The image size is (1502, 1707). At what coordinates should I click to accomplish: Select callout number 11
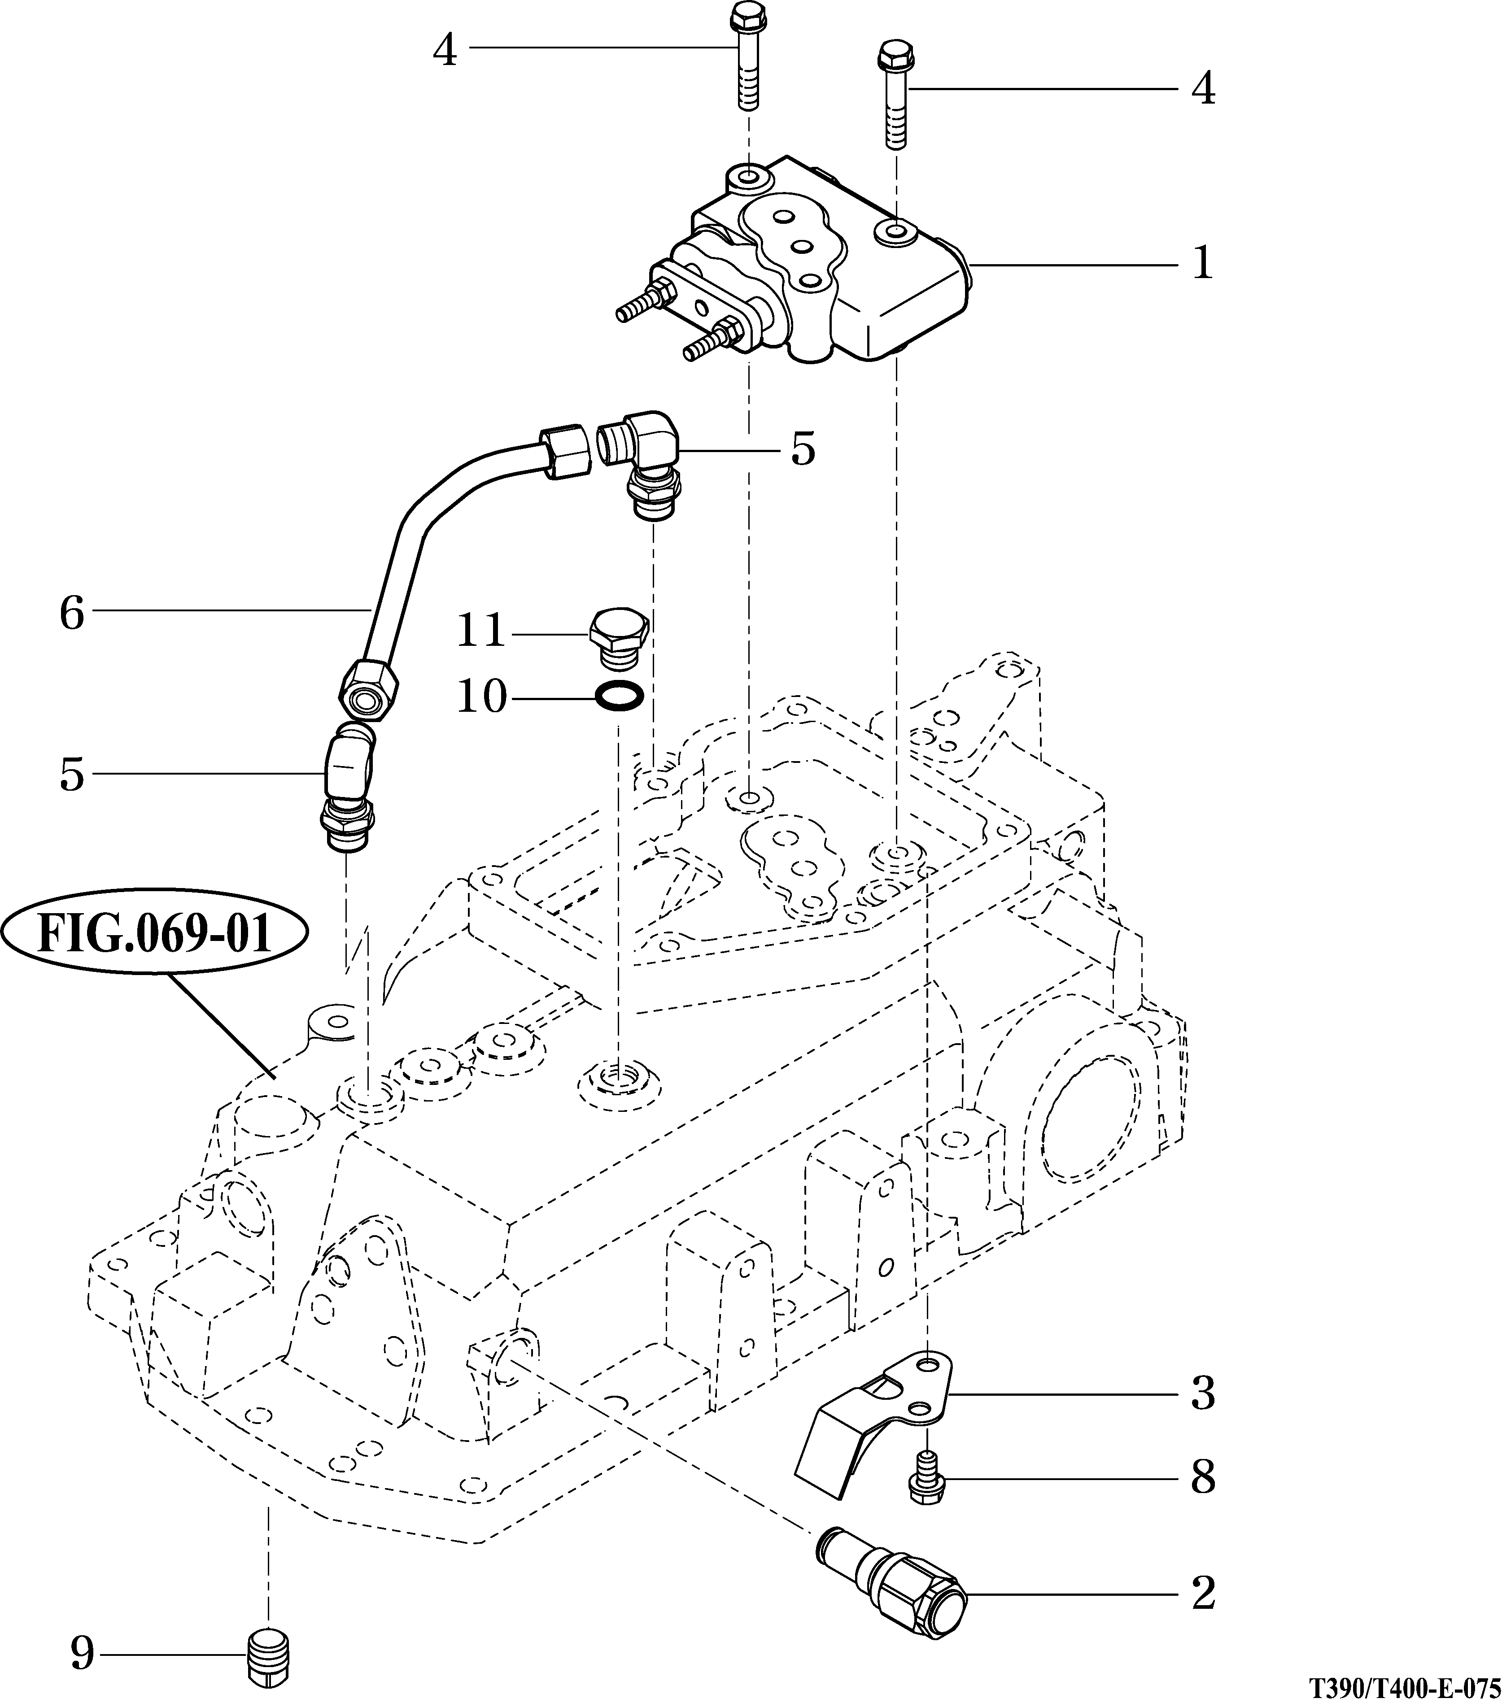482,631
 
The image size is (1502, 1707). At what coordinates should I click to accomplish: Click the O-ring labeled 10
619,696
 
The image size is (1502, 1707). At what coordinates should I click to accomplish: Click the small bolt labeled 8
924,1478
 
